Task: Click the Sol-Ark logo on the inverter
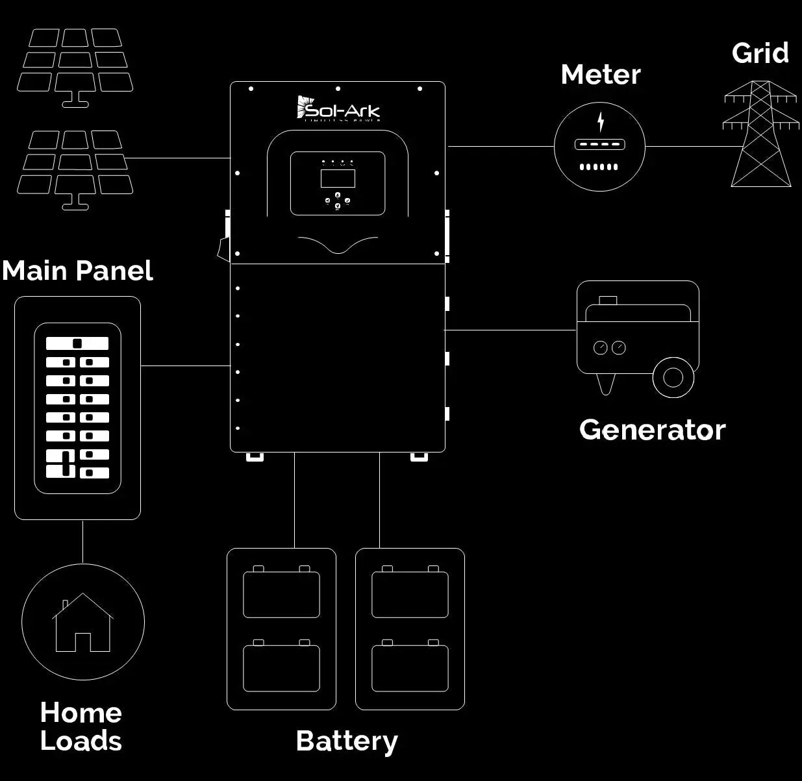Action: point(338,108)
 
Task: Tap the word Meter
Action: point(600,75)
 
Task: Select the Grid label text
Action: point(760,53)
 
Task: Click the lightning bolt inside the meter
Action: point(601,121)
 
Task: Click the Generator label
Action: point(652,430)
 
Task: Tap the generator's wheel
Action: point(673,377)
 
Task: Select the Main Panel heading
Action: point(77,271)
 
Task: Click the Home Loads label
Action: point(81,727)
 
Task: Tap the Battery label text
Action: point(347,741)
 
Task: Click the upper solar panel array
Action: point(75,65)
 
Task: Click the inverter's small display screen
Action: point(338,178)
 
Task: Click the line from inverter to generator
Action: point(510,330)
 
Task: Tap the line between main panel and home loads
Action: point(82,541)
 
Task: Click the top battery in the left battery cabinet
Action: point(281,593)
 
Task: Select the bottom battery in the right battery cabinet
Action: point(410,667)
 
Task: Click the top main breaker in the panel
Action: point(77,343)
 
